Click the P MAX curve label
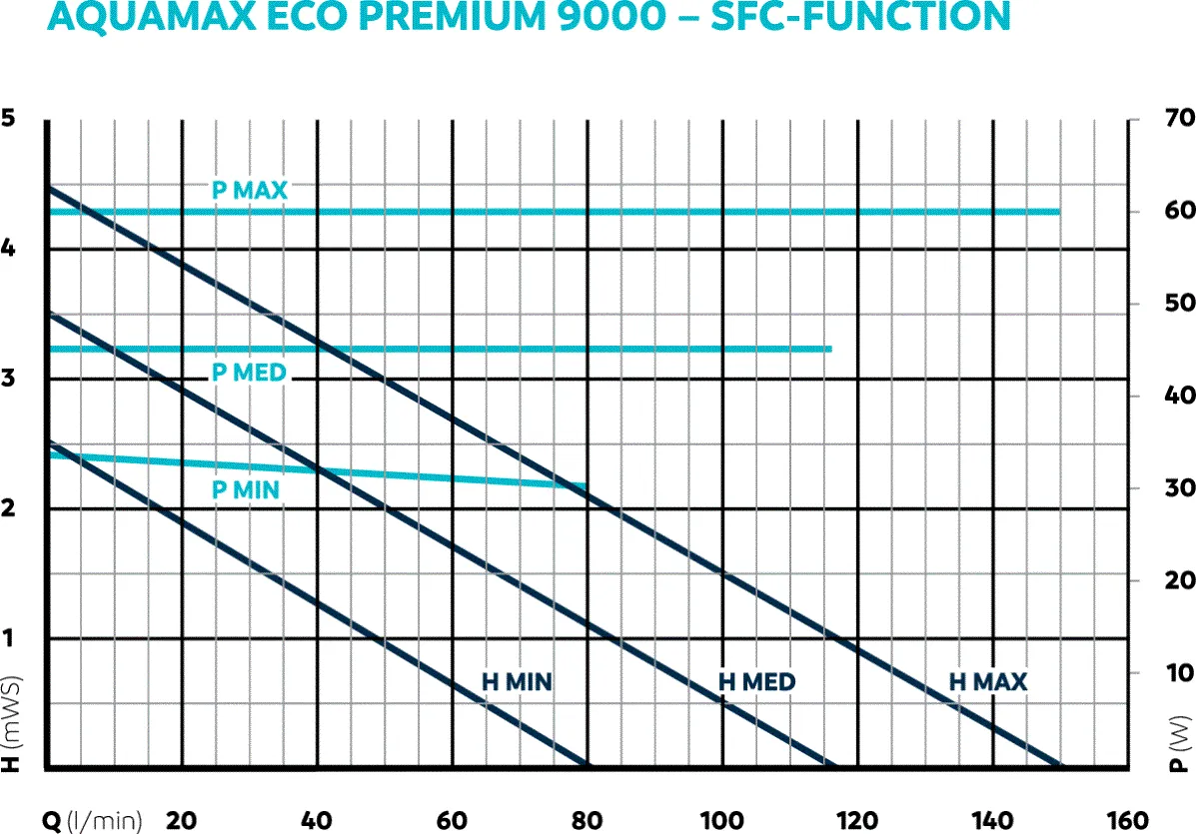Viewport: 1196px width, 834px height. click(x=249, y=190)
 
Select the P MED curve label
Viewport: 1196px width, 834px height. click(x=249, y=373)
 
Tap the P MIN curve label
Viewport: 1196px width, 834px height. click(x=246, y=489)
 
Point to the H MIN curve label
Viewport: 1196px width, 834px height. click(x=517, y=682)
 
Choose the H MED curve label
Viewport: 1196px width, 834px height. click(x=757, y=682)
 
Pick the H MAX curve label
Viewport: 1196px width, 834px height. click(x=988, y=682)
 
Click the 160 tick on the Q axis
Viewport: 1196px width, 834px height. click(x=1128, y=819)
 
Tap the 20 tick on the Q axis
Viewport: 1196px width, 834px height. click(x=182, y=819)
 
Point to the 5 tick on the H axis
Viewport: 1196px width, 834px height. click(x=10, y=119)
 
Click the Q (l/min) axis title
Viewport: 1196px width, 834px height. click(x=92, y=820)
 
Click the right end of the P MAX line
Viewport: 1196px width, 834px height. click(x=1057, y=212)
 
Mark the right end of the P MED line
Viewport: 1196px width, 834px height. click(x=829, y=349)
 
